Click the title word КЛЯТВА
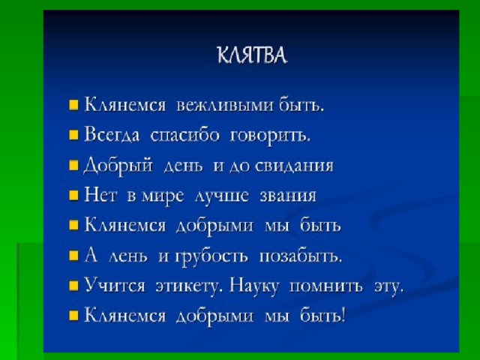(252, 56)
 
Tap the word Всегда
(112, 135)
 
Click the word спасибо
(185, 135)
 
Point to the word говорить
(270, 136)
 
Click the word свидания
(294, 166)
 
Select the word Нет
(100, 195)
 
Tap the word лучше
(222, 196)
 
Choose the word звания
(288, 196)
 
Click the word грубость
(211, 256)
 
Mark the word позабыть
(300, 256)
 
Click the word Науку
(255, 286)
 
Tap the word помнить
(326, 286)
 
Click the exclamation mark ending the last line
(343, 315)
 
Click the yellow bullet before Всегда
(73, 135)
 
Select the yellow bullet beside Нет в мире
(73, 195)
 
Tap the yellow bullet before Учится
(73, 286)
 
